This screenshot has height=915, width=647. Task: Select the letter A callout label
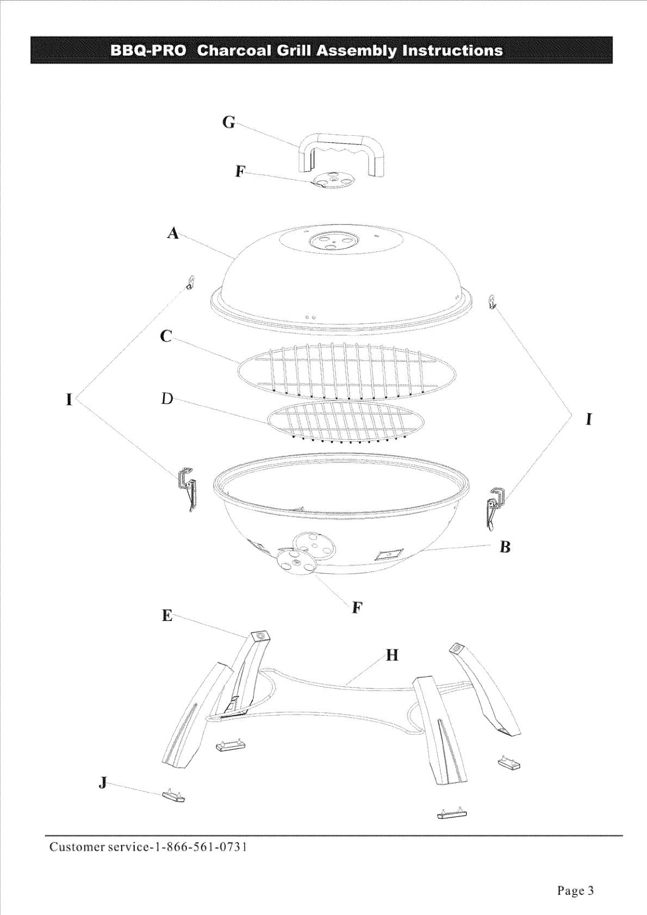(x=173, y=234)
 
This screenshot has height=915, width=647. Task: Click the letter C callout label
(x=167, y=337)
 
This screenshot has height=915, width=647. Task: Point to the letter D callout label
(x=167, y=399)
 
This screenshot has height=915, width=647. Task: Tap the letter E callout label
(x=167, y=616)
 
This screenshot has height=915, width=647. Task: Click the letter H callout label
(x=392, y=656)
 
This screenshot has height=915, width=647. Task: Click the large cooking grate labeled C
(x=347, y=371)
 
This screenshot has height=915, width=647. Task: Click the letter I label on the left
(x=69, y=400)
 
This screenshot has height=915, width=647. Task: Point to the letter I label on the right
(x=589, y=419)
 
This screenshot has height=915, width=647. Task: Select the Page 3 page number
(x=575, y=891)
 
